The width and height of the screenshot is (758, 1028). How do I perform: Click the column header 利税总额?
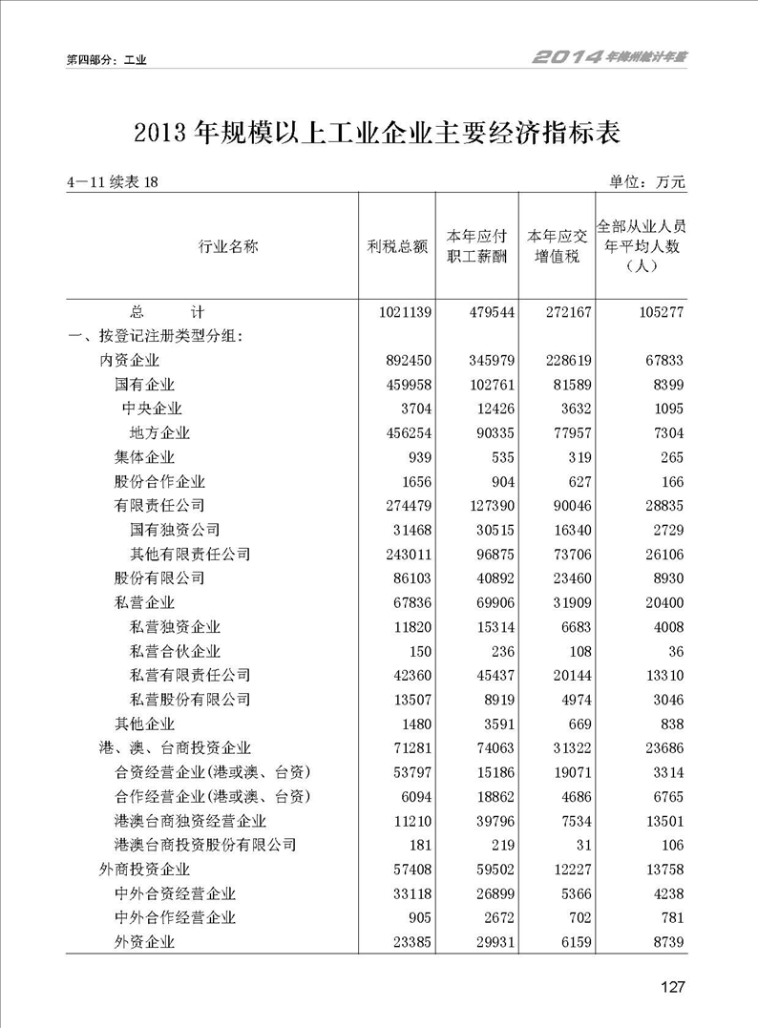pos(396,246)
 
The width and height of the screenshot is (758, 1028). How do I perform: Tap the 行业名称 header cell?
pos(228,246)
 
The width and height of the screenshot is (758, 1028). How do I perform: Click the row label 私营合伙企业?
pos(175,651)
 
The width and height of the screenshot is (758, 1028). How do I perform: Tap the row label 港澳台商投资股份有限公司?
pos(204,845)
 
